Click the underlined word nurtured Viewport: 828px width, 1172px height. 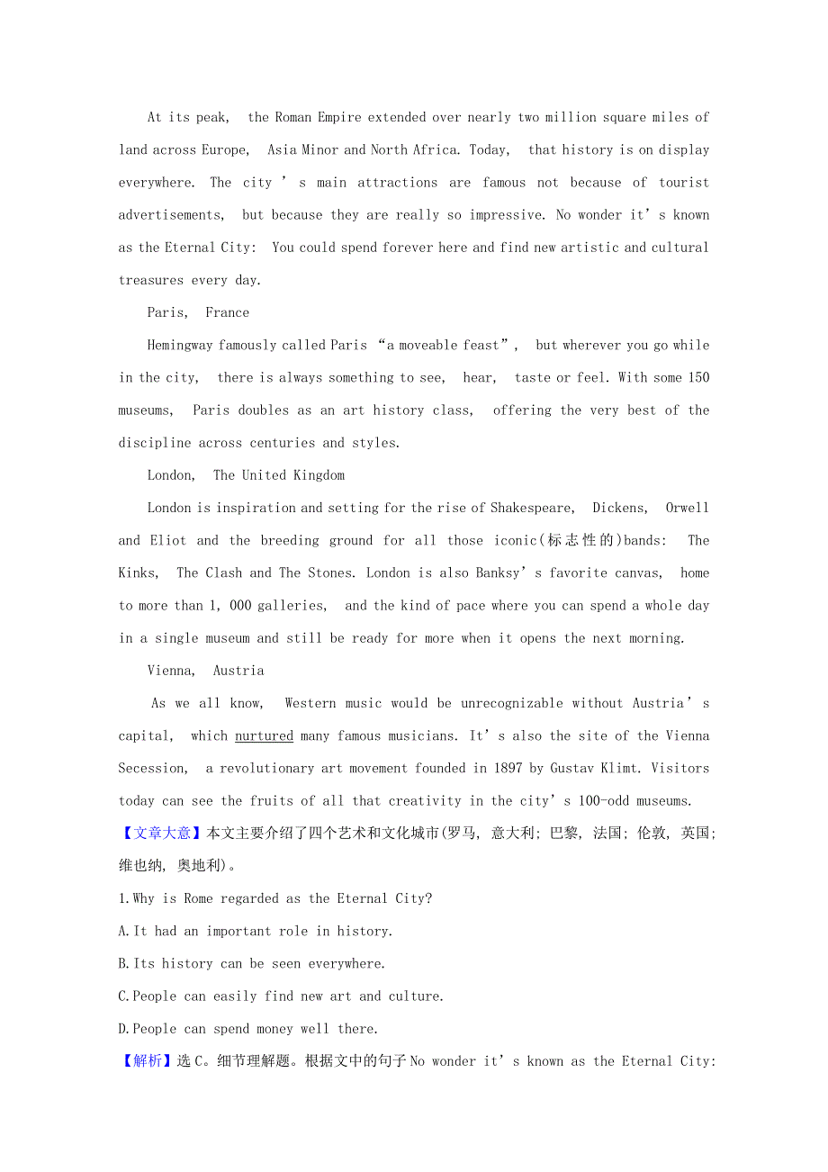point(264,735)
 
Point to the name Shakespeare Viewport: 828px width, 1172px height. point(530,508)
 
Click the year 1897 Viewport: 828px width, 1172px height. point(509,768)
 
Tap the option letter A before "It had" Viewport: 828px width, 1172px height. point(123,931)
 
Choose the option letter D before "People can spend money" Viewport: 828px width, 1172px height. point(123,1029)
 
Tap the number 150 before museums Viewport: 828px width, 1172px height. point(698,377)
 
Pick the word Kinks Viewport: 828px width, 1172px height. point(138,572)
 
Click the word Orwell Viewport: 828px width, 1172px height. point(688,508)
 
